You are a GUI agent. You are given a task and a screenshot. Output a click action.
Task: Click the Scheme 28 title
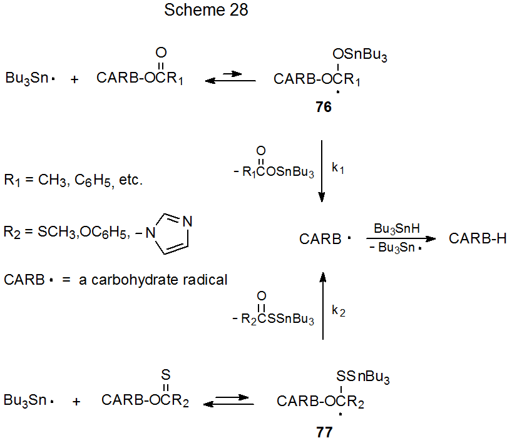[x=206, y=11]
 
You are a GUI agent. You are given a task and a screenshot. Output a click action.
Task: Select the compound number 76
[x=324, y=107]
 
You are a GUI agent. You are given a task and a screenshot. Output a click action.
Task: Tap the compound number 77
[x=324, y=432]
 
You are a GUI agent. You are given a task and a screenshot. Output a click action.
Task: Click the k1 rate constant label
[x=338, y=169]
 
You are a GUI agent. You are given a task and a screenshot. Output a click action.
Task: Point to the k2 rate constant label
[x=338, y=310]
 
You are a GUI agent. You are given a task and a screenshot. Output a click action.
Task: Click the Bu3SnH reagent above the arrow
[x=396, y=229]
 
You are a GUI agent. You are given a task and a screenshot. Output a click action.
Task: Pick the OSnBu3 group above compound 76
[x=360, y=57]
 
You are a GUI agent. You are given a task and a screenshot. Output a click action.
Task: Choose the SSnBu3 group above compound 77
[x=362, y=377]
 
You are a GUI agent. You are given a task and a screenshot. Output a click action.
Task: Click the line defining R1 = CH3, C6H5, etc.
[x=74, y=181]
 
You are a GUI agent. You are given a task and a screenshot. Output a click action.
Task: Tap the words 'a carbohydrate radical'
[x=153, y=280]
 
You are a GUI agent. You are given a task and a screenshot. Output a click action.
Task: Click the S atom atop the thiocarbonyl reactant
[x=165, y=374]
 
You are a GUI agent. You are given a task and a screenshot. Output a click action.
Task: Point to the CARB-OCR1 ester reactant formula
[x=140, y=79]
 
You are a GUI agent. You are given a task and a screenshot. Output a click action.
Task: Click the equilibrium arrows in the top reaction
[x=230, y=78]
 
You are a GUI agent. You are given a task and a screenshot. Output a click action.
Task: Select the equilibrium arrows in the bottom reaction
[x=229, y=400]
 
